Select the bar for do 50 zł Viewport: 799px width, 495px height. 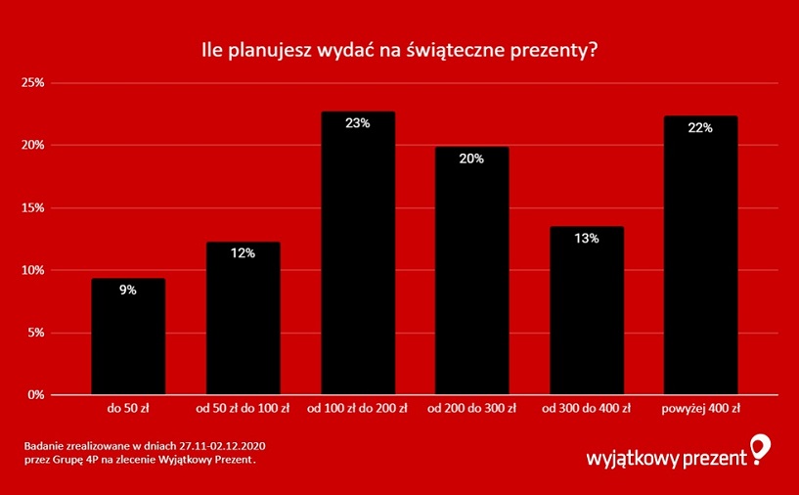(x=128, y=337)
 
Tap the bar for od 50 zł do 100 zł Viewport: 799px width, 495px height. (x=243, y=319)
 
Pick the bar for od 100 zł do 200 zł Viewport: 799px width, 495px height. (x=358, y=254)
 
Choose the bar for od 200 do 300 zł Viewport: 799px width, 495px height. (x=471, y=272)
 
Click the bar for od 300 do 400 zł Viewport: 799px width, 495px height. (x=587, y=311)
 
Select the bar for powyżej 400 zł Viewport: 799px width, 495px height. (x=700, y=256)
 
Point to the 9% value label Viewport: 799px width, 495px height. (x=128, y=290)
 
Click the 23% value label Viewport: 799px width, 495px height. (x=358, y=123)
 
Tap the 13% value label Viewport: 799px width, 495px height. (x=587, y=238)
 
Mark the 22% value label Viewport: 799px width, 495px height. (x=700, y=127)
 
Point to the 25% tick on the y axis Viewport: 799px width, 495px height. (x=33, y=83)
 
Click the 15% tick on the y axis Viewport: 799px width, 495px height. (x=33, y=207)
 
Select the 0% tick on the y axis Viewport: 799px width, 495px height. (x=36, y=395)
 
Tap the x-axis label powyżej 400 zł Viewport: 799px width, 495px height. (x=700, y=407)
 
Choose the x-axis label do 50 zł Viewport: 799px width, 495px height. (x=128, y=407)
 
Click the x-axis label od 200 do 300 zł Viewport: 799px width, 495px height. (x=471, y=407)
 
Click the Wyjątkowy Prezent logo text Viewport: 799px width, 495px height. (x=665, y=457)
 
